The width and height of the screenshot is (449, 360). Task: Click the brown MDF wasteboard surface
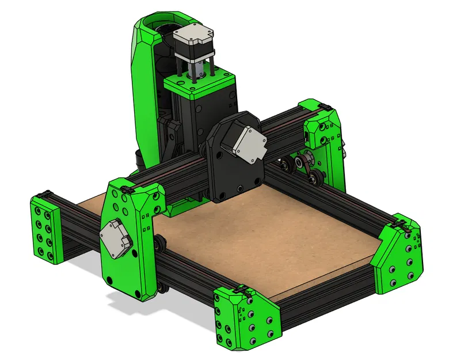click(259, 242)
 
